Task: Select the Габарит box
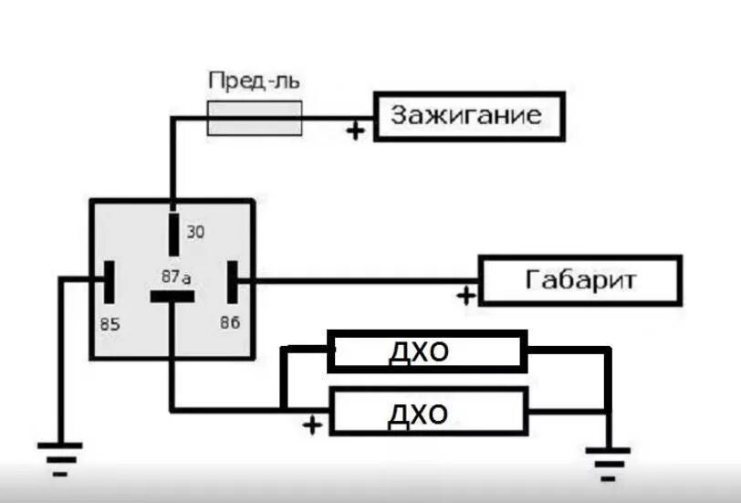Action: (580, 280)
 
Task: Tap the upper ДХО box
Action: (427, 351)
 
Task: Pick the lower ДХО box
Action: (427, 413)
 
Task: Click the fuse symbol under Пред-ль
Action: (255, 118)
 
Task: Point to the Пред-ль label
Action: (255, 80)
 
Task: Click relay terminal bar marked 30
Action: (173, 234)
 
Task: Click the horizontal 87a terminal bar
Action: (172, 297)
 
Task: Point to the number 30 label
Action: (195, 232)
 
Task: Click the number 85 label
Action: (110, 323)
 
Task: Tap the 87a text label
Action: (177, 276)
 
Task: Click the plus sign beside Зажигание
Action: (355, 131)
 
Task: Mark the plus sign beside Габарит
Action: (466, 296)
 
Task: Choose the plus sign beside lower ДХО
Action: (313, 424)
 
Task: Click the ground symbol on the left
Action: (59, 455)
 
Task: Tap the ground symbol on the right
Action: (607, 456)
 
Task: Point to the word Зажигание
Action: (466, 116)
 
